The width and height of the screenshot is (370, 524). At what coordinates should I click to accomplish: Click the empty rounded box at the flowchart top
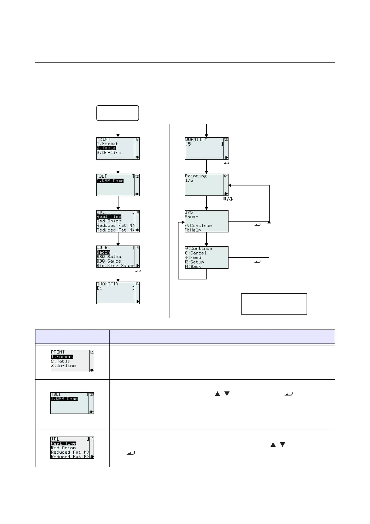(118, 113)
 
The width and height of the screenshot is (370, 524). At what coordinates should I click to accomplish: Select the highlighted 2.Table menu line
(106, 148)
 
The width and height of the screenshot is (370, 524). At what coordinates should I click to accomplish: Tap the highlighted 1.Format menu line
(62, 357)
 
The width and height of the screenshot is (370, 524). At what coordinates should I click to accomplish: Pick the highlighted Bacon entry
(103, 252)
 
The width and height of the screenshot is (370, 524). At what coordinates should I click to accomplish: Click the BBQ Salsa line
(109, 257)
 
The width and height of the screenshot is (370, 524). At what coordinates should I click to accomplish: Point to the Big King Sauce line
(115, 266)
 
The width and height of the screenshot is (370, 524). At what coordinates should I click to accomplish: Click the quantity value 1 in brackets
(101, 288)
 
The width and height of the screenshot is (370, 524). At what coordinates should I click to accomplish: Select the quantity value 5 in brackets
(189, 144)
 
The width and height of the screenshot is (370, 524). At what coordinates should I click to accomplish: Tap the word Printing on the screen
(196, 176)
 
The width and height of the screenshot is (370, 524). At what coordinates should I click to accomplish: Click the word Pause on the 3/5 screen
(192, 217)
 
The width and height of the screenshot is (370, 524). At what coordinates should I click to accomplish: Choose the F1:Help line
(193, 230)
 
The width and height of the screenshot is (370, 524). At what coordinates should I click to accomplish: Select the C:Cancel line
(196, 253)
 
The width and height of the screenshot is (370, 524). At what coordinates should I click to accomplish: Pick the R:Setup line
(194, 262)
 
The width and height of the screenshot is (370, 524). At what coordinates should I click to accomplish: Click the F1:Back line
(193, 266)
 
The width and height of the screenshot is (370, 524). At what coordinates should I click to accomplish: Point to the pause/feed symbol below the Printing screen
(228, 199)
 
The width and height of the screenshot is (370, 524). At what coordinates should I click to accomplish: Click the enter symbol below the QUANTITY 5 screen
(226, 163)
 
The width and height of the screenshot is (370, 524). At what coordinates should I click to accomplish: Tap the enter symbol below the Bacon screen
(138, 271)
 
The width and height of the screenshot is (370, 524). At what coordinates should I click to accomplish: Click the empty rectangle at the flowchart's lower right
(274, 304)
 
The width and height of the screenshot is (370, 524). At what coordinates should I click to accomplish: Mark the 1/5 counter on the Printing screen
(189, 180)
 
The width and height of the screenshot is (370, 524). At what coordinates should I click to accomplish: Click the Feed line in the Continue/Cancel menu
(193, 258)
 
